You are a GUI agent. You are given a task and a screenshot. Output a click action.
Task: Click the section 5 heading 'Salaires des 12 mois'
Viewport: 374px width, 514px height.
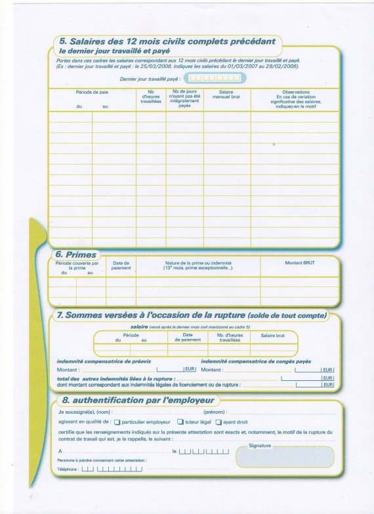[x=163, y=41]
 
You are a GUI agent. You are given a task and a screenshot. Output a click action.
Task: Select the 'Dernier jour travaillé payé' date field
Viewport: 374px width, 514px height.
[x=211, y=78]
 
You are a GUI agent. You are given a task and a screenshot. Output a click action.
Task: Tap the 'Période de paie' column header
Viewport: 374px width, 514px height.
[x=92, y=92]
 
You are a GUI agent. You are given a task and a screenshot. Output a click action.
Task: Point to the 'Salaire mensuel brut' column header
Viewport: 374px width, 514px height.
[x=226, y=94]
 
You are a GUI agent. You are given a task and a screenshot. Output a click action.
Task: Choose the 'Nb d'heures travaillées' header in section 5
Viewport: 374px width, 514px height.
[x=151, y=97]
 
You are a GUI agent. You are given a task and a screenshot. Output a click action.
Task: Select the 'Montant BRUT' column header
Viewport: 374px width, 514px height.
[x=300, y=262]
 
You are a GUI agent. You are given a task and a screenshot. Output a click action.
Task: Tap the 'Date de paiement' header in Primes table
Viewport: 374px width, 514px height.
[x=121, y=265]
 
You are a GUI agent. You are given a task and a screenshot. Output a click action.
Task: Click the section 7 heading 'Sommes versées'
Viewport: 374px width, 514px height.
[x=191, y=315]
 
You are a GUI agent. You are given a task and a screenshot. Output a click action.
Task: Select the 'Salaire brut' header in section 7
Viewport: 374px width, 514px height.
[x=272, y=335]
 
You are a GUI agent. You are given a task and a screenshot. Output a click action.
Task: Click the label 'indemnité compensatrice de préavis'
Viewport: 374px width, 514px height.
[x=104, y=362]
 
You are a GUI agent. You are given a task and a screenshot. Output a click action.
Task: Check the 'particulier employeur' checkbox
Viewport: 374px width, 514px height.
[x=117, y=422]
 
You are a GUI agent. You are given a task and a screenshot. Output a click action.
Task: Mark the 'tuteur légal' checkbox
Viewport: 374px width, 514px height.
[x=180, y=422]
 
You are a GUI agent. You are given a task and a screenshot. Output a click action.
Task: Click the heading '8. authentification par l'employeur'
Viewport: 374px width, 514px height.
[x=137, y=400]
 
